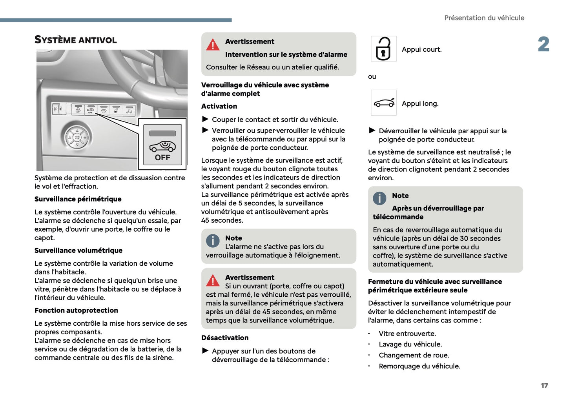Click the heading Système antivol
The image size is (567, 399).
click(x=75, y=40)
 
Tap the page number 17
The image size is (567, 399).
click(x=544, y=386)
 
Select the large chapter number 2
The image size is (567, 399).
click(x=543, y=44)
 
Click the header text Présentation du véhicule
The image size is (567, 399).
click(x=484, y=18)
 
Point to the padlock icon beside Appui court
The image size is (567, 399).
click(x=383, y=49)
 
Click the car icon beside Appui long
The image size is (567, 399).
click(x=384, y=103)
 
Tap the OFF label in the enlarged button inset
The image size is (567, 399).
click(x=162, y=158)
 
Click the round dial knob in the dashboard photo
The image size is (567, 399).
click(x=77, y=138)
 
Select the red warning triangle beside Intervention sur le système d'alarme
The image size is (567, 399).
click(x=213, y=45)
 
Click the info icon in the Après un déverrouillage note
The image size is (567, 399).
click(x=379, y=198)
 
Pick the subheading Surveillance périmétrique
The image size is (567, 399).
click(x=78, y=199)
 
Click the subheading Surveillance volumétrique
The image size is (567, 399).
click(x=78, y=250)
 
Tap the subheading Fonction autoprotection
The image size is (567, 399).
click(x=76, y=310)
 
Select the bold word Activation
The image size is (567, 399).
click(x=219, y=106)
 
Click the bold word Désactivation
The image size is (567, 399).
click(x=225, y=338)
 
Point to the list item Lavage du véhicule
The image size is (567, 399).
click(x=410, y=345)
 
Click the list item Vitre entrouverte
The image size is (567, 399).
click(x=407, y=334)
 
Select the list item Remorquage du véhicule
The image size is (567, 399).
click(x=419, y=366)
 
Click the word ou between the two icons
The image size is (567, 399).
click(x=372, y=76)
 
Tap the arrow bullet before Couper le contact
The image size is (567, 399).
click(x=205, y=119)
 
